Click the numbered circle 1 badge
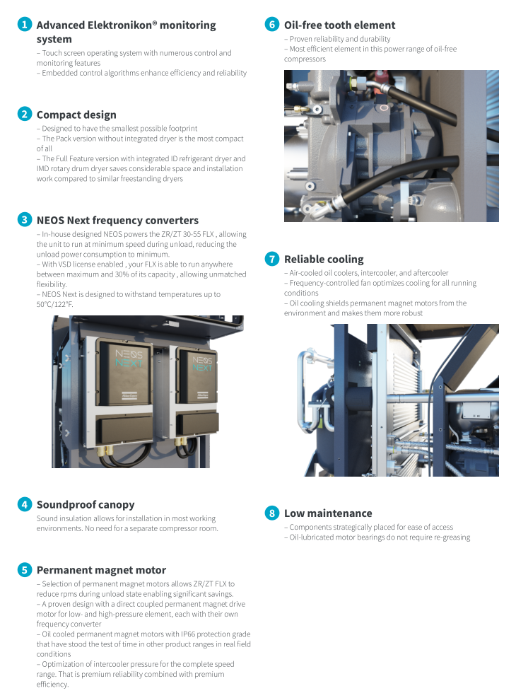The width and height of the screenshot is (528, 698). click(x=25, y=25)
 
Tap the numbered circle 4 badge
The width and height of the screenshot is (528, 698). click(x=25, y=504)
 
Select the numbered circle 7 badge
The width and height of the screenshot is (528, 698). click(x=272, y=259)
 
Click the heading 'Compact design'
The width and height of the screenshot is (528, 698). click(x=76, y=115)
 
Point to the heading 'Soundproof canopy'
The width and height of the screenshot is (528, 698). click(x=85, y=504)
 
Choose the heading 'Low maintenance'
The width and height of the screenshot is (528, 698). click(x=328, y=513)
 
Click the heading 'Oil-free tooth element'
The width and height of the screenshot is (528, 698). click(x=339, y=25)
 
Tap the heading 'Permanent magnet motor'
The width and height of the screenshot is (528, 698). click(x=101, y=569)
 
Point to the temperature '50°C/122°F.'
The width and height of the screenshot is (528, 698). click(x=55, y=304)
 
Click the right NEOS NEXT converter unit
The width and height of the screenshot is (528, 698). click(x=196, y=396)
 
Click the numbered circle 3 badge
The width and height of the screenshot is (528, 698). click(x=25, y=220)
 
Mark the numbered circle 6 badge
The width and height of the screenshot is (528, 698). click(x=272, y=25)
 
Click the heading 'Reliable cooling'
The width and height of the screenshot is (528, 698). click(x=324, y=259)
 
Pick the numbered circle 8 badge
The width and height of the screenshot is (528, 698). click(x=272, y=513)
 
